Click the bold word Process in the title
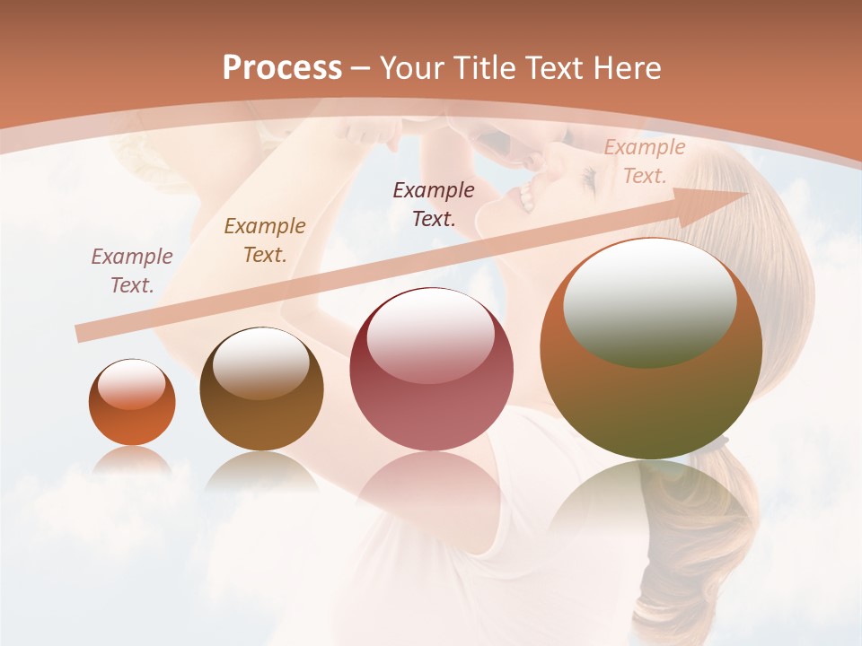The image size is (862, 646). point(282,68)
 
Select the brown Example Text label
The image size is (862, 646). point(265,240)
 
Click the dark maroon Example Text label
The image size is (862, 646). point(434,204)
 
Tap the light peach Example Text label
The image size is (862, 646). point(645,161)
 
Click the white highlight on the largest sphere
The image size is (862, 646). point(649,301)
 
